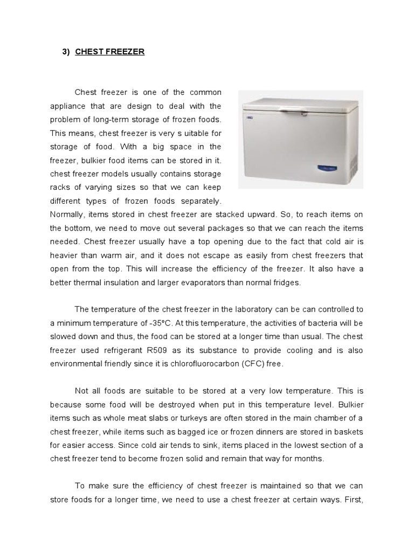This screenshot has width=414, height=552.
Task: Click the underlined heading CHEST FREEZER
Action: pos(110,52)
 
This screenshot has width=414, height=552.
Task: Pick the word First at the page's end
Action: pos(354,500)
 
